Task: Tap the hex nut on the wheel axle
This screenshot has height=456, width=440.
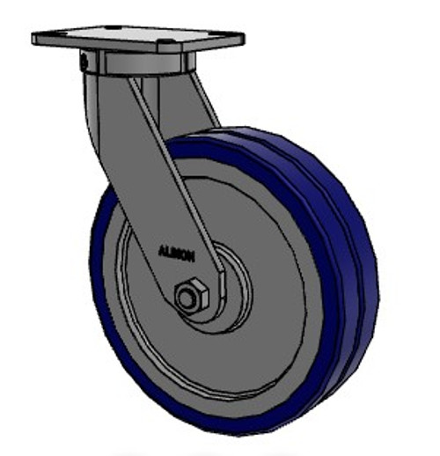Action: tap(191, 297)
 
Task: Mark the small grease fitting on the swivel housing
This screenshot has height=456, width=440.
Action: tap(83, 63)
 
